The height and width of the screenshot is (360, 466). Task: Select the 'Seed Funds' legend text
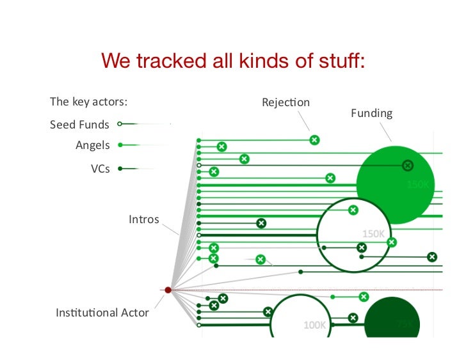pyautogui.click(x=79, y=125)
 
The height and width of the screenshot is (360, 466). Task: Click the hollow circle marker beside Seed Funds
pyautogui.click(x=120, y=125)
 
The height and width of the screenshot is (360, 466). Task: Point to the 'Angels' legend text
pyautogui.click(x=93, y=145)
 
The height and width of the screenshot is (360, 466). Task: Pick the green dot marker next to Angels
pyautogui.click(x=120, y=145)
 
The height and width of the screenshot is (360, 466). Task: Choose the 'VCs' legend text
pyautogui.click(x=100, y=169)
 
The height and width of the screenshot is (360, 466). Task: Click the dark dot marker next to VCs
pyautogui.click(x=120, y=169)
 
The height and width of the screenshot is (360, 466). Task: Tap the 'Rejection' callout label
pyautogui.click(x=285, y=102)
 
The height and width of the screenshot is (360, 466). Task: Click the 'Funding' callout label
pyautogui.click(x=371, y=113)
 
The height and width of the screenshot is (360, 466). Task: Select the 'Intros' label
pyautogui.click(x=143, y=220)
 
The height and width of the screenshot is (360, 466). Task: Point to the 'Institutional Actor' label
pyautogui.click(x=102, y=313)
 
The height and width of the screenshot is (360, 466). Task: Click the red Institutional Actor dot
pyautogui.click(x=168, y=290)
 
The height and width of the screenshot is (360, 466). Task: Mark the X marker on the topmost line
pyautogui.click(x=314, y=140)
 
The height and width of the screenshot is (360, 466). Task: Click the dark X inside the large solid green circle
pyautogui.click(x=407, y=166)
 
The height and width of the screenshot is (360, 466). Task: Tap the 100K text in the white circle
pyautogui.click(x=315, y=325)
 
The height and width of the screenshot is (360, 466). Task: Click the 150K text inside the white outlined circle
pyautogui.click(x=374, y=233)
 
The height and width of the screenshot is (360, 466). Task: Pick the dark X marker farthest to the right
pyautogui.click(x=432, y=257)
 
